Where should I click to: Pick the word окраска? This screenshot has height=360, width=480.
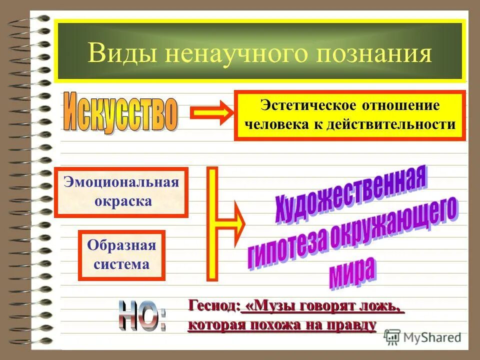[121, 201]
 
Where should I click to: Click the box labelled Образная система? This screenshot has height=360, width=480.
[121, 255]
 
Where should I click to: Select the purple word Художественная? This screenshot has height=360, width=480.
[350, 195]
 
